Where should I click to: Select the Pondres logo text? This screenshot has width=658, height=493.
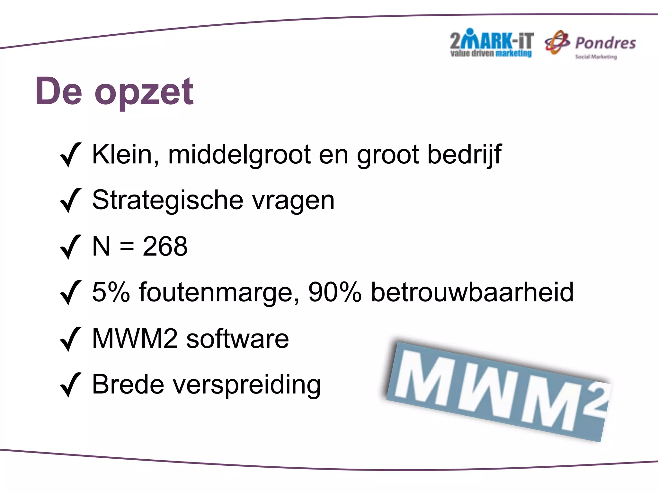[605, 43]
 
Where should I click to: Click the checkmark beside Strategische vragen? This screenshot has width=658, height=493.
[70, 201]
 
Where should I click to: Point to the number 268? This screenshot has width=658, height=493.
[165, 246]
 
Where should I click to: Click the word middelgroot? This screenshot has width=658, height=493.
[239, 155]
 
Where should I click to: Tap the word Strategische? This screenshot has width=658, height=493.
[167, 200]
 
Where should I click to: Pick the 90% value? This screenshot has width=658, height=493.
[334, 292]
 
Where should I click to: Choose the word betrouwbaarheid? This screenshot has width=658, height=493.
[472, 292]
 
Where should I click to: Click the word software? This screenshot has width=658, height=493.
[238, 339]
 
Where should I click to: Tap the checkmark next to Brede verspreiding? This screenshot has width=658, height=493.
[70, 385]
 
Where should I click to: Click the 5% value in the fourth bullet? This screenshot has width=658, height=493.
[111, 292]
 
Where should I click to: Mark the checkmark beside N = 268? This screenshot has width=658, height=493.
[70, 247]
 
